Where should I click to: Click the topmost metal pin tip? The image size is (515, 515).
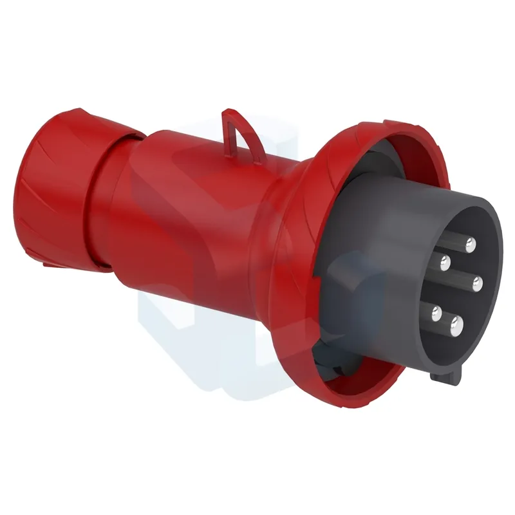(x=471, y=244)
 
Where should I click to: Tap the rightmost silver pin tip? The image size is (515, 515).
(x=478, y=281)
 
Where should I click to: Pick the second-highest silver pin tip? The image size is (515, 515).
(x=444, y=261)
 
